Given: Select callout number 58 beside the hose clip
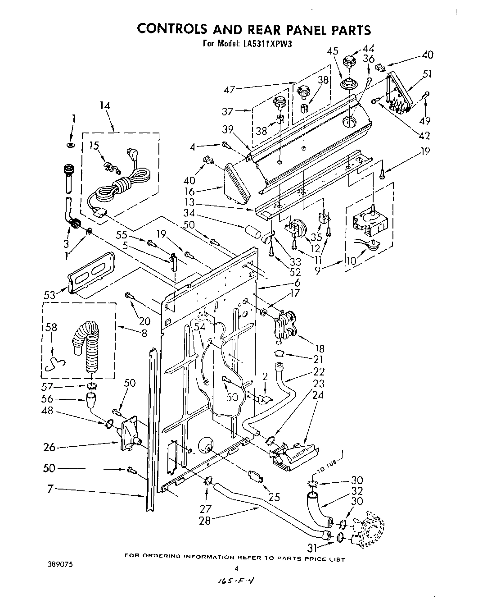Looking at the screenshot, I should click(x=52, y=328).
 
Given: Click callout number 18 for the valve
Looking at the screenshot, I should click(x=319, y=348).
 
